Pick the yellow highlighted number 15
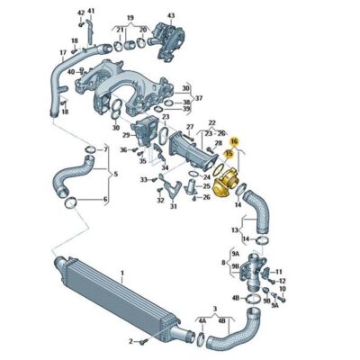(x=229, y=155)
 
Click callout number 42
(x=81, y=12)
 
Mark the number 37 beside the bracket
(x=200, y=98)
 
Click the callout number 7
(x=105, y=148)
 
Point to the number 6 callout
(x=105, y=199)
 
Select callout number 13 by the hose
(x=234, y=231)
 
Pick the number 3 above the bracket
(x=213, y=310)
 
